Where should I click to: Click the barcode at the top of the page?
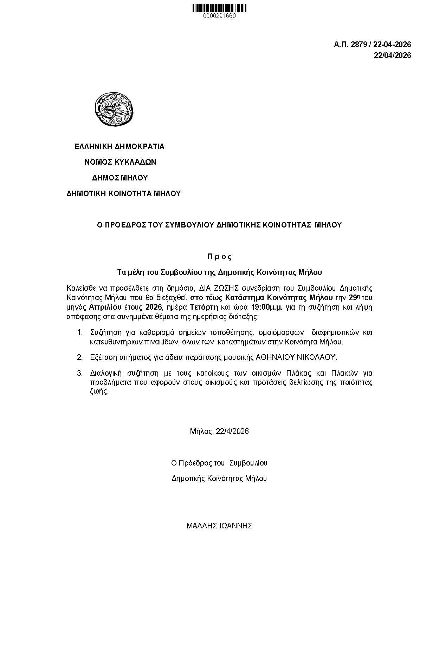(x=219, y=8)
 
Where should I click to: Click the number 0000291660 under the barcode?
(x=219, y=16)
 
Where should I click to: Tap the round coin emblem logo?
(x=114, y=108)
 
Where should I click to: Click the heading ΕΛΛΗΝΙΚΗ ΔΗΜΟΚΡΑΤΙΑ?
(x=120, y=146)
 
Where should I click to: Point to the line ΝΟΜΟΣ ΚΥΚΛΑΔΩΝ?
(x=120, y=162)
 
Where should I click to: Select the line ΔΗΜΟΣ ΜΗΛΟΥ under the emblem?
(x=120, y=178)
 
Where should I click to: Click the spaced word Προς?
(x=219, y=257)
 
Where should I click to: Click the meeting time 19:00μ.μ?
(x=267, y=308)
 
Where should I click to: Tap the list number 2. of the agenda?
(x=80, y=357)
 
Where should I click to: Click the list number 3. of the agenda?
(x=80, y=373)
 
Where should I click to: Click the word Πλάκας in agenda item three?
(x=323, y=373)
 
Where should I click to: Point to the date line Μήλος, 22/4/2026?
(x=219, y=431)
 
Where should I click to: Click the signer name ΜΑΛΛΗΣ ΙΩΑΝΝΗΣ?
(x=219, y=526)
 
